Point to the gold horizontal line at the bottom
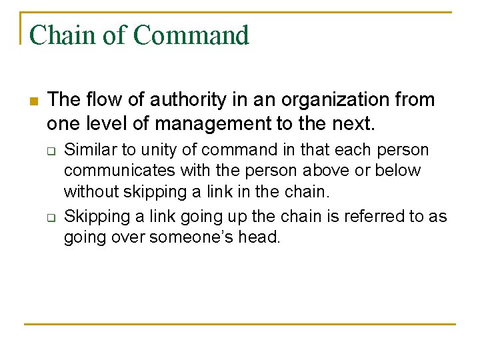240,324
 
